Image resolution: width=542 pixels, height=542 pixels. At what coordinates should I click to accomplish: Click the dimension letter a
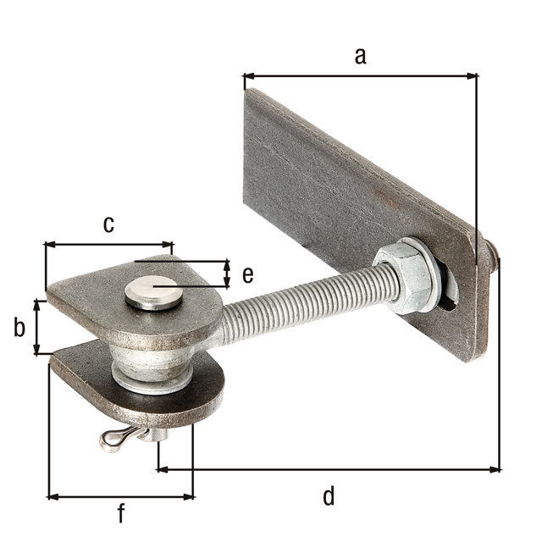[x=360, y=56]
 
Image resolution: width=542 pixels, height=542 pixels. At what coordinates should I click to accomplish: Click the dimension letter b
[x=19, y=327]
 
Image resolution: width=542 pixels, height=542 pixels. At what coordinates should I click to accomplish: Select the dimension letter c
[x=108, y=224]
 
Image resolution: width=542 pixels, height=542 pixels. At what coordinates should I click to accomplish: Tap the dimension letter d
[x=329, y=495]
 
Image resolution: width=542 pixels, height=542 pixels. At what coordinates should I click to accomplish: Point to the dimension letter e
[x=247, y=274]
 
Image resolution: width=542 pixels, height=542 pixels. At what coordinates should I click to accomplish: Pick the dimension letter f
[x=121, y=513]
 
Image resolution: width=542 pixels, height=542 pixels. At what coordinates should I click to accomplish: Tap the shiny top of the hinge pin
[x=153, y=293]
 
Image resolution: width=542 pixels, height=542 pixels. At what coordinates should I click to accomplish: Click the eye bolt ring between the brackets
[x=152, y=364]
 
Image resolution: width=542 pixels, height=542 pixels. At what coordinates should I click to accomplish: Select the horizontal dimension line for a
[x=360, y=76]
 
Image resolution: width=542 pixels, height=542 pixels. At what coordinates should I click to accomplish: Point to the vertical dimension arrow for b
[x=36, y=327]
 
